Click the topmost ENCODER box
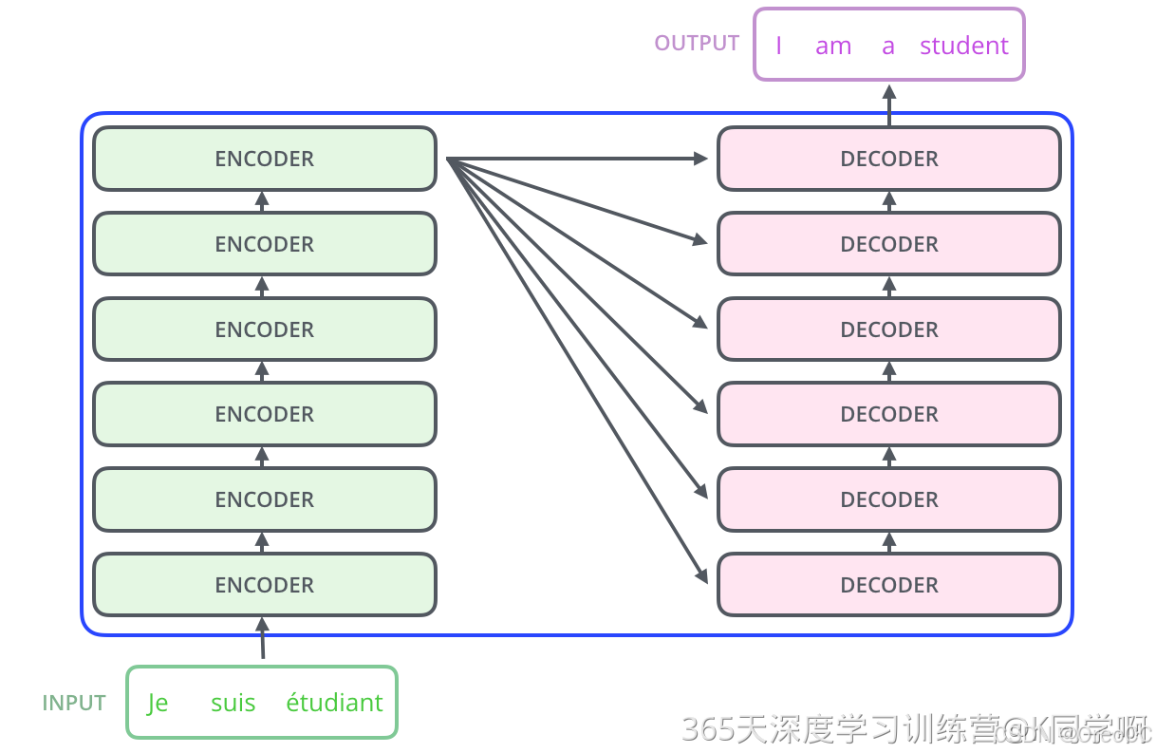tap(264, 159)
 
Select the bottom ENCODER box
tap(264, 585)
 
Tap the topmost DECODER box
tap(888, 159)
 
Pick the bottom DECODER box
tap(888, 585)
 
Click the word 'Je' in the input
tap(158, 704)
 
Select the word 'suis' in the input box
tap(233, 704)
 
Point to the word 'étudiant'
tap(334, 704)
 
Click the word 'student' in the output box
tap(963, 46)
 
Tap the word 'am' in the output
tap(832, 46)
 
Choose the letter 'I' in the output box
tap(778, 46)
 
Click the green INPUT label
tap(73, 704)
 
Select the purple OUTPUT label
tap(697, 44)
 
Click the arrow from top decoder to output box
tap(889, 104)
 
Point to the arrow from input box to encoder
tap(263, 638)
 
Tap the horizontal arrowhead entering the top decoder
tap(700, 159)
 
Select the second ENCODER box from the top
tap(264, 244)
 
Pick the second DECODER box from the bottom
tap(888, 499)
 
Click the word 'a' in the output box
tap(887, 46)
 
